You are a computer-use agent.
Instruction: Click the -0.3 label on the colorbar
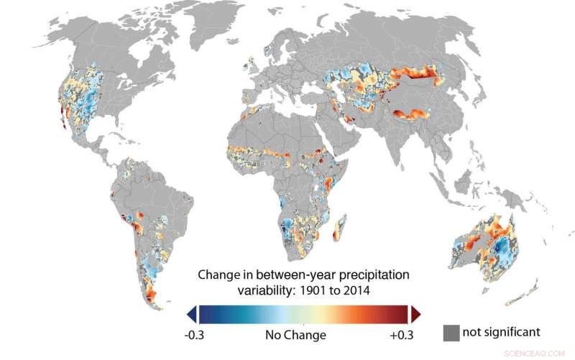tap(196, 335)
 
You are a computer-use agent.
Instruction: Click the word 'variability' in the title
tap(264, 291)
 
